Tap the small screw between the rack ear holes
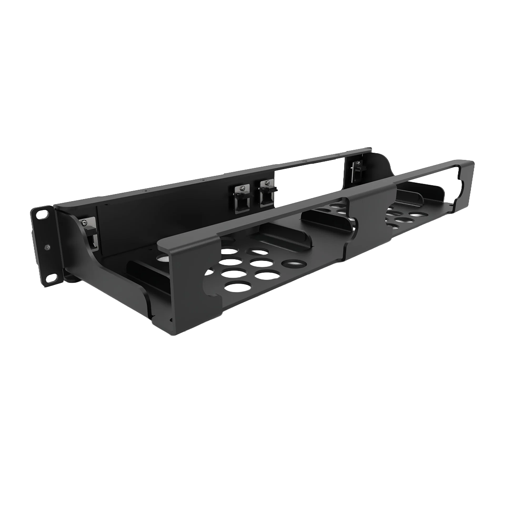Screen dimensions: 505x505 pyautogui.click(x=47, y=247)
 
